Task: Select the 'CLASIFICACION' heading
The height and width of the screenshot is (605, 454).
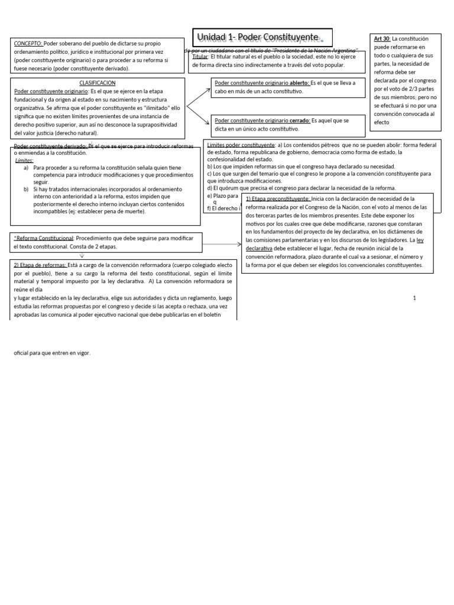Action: click(x=97, y=83)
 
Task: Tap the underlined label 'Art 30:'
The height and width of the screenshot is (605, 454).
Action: click(x=382, y=39)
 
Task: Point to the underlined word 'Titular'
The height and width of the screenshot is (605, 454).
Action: click(x=200, y=57)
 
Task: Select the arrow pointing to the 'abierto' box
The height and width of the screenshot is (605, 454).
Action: click(x=199, y=97)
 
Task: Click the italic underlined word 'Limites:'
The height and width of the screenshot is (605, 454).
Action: click(x=25, y=160)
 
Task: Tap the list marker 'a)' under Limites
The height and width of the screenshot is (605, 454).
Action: click(x=26, y=168)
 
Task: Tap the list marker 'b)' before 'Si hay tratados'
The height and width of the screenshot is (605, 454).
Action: click(x=26, y=189)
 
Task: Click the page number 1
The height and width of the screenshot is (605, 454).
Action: click(x=414, y=298)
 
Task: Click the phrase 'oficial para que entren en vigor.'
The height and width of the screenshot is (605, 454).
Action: click(x=52, y=353)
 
